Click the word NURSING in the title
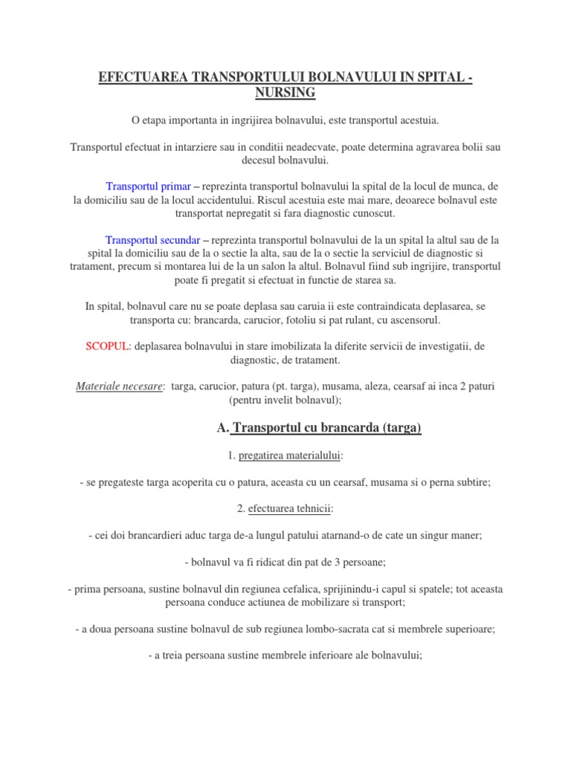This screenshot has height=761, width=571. click(285, 92)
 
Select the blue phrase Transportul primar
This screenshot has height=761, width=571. click(149, 186)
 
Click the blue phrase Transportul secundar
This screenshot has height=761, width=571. click(153, 240)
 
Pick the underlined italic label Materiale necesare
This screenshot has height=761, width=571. click(120, 387)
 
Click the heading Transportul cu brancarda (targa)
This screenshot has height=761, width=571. click(326, 428)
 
